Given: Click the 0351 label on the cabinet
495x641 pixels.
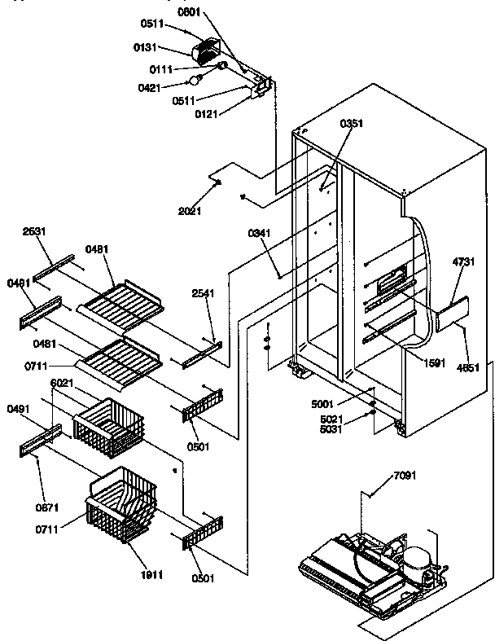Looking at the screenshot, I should [x=352, y=124].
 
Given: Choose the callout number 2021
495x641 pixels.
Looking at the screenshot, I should [x=190, y=211].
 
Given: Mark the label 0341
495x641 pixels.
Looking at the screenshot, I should [x=259, y=233].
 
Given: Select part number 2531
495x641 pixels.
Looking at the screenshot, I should [x=33, y=230].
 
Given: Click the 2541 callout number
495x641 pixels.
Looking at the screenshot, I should [x=203, y=292].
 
